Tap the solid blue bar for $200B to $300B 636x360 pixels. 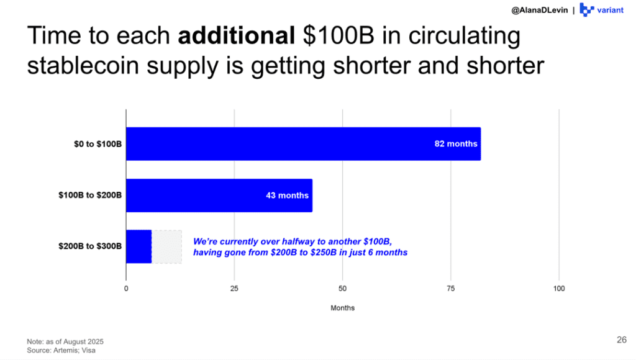click(139, 246)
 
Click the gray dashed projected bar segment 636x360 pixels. click(166, 246)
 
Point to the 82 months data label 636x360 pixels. click(456, 144)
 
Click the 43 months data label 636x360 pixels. click(287, 196)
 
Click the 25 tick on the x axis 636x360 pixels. click(234, 289)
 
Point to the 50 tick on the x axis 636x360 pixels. click(342, 289)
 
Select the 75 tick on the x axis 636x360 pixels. click(451, 289)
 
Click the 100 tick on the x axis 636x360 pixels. click(559, 289)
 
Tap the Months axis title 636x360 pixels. click(342, 308)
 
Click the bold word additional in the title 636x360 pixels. click(235, 37)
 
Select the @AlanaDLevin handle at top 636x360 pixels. click(540, 11)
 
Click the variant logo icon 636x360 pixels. click(586, 10)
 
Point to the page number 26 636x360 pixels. click(621, 340)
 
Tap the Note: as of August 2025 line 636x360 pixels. click(65, 342)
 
